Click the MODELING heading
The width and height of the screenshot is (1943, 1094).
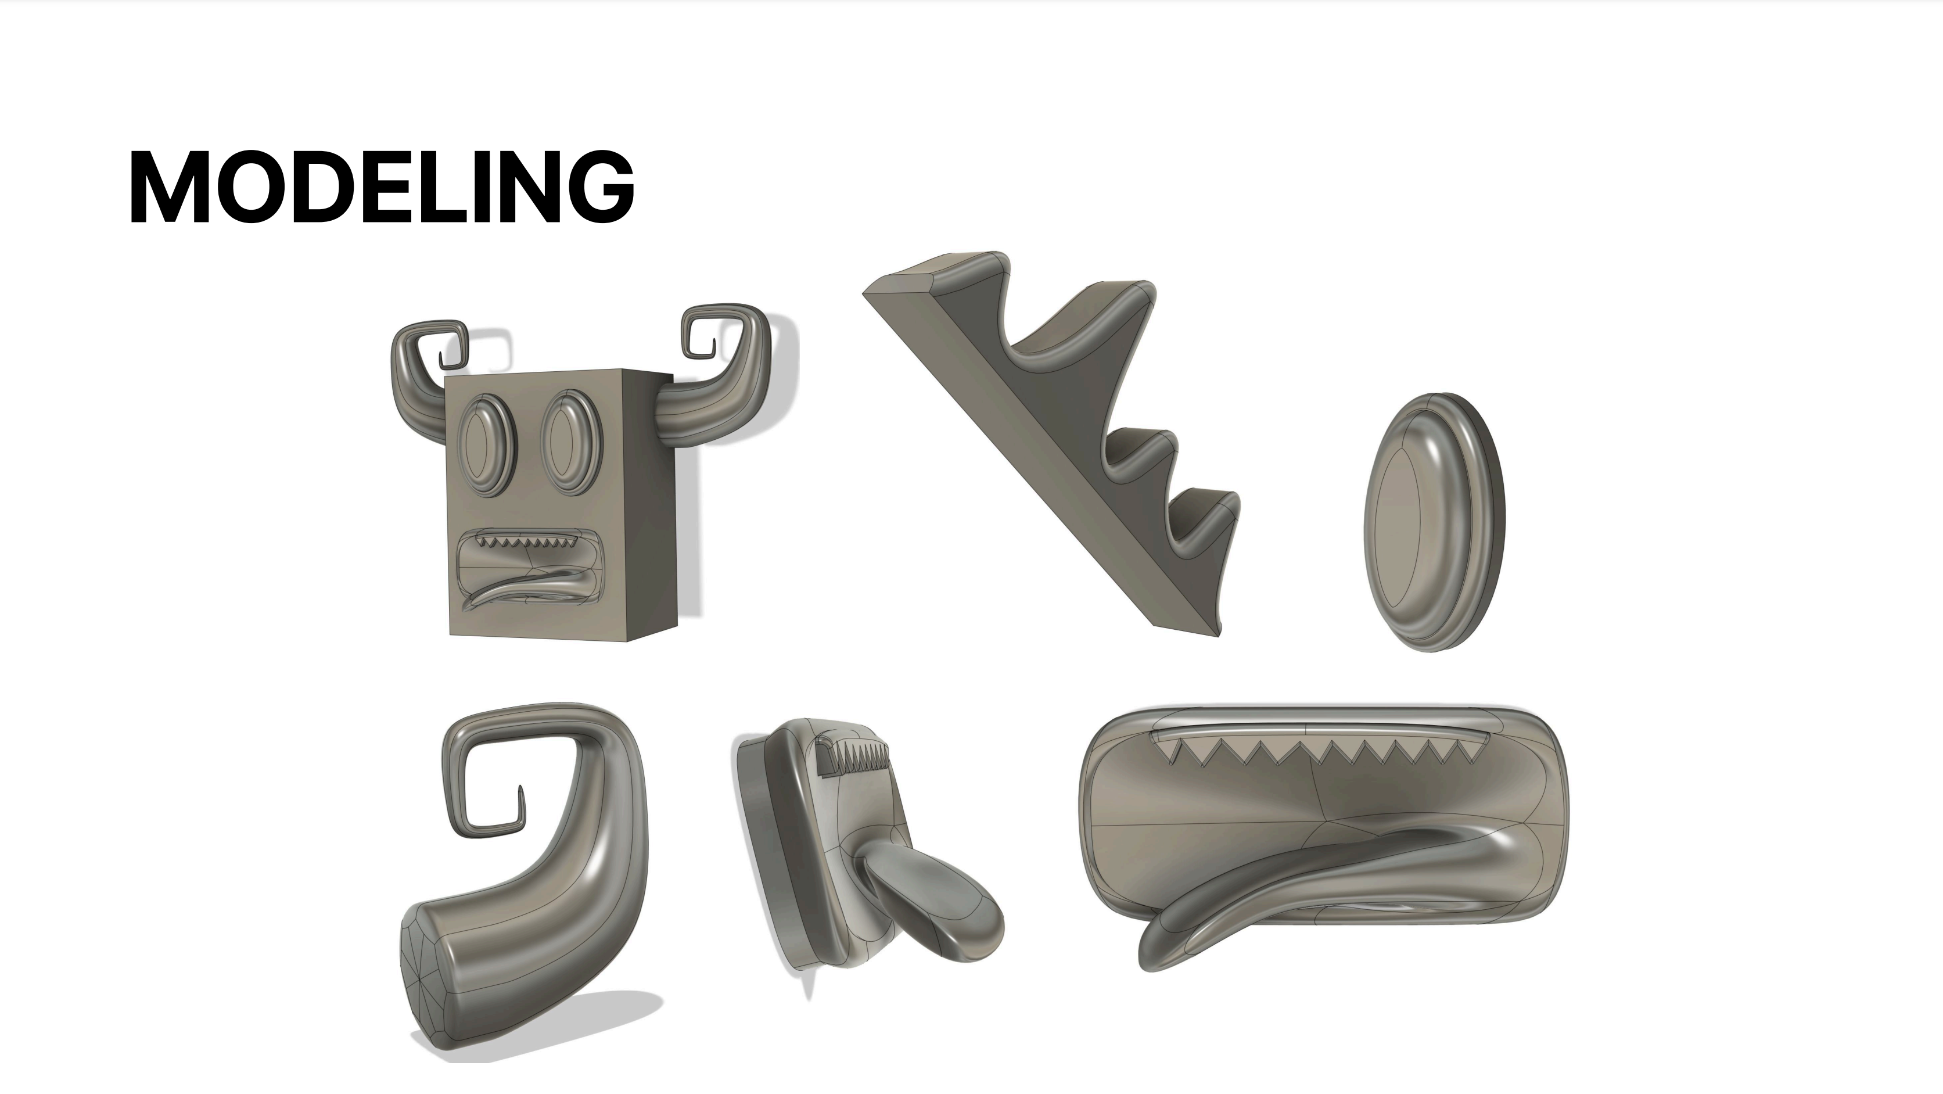(382, 187)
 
